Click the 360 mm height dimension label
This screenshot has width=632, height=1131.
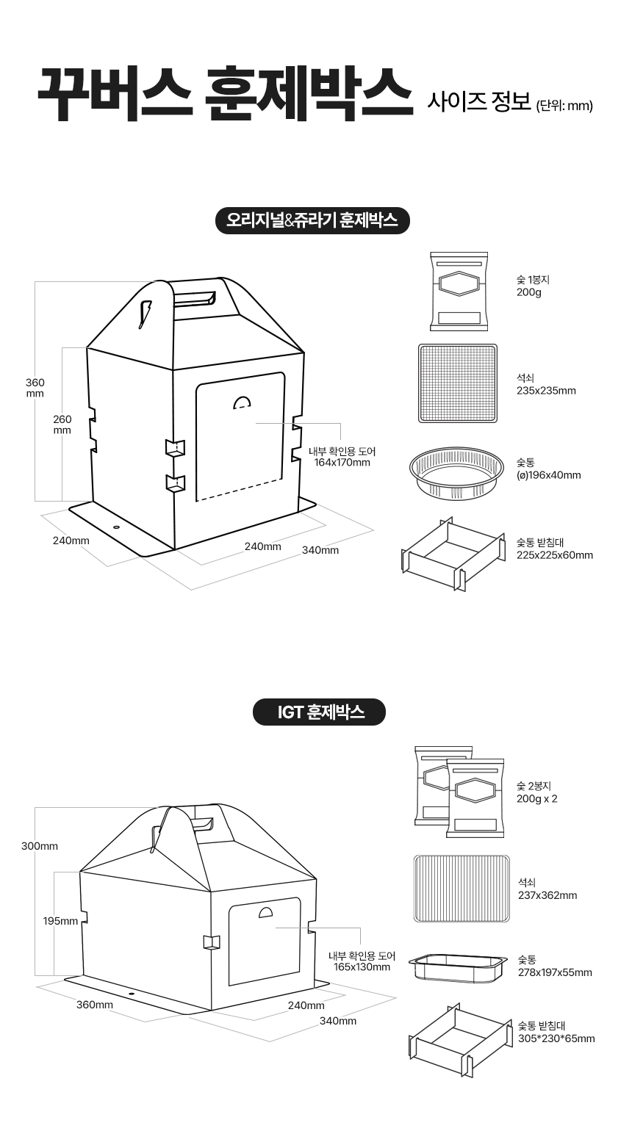point(35,388)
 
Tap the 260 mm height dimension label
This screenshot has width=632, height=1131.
point(62,424)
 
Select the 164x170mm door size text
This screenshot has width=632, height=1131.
point(342,463)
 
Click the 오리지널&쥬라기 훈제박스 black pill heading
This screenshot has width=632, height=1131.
point(312,220)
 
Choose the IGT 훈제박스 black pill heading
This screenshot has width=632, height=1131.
point(319,712)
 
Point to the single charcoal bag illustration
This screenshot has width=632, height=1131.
point(459,292)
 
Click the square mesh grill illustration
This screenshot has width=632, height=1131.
point(458,383)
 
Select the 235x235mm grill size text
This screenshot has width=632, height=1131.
point(546,391)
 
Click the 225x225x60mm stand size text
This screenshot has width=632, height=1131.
point(555,555)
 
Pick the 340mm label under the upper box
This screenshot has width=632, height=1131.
point(320,550)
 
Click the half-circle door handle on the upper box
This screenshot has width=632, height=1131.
point(242,402)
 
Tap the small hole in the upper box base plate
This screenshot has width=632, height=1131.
point(116,527)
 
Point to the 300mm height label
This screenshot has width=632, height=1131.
point(40,846)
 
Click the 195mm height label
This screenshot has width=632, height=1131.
point(60,921)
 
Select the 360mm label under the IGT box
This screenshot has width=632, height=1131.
point(95,1005)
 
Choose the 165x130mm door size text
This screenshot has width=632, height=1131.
point(362,967)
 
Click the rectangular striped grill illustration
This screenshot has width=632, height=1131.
point(462,889)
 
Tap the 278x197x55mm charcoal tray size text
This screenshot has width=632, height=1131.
point(556,972)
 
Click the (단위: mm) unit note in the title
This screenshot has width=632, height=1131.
point(564,106)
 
